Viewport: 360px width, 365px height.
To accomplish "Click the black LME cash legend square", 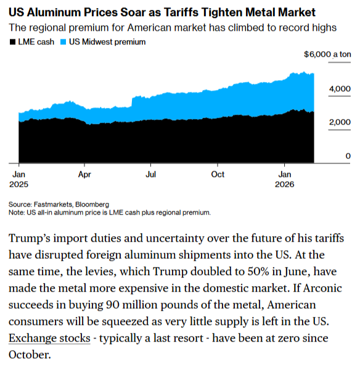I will coord(13,42).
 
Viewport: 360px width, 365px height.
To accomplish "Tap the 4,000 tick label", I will coord(340,89).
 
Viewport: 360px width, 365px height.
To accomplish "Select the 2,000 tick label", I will coord(340,122).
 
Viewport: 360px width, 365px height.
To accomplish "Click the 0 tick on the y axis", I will coord(348,155).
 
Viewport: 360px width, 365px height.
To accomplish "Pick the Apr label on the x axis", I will coord(85,174).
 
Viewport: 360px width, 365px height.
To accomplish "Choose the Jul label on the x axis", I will coord(150,174).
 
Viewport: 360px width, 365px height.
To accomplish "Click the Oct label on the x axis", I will coord(218,174).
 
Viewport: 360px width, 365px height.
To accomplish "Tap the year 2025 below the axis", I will coord(19,184).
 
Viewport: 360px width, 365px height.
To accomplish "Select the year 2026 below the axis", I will coord(284,184).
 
